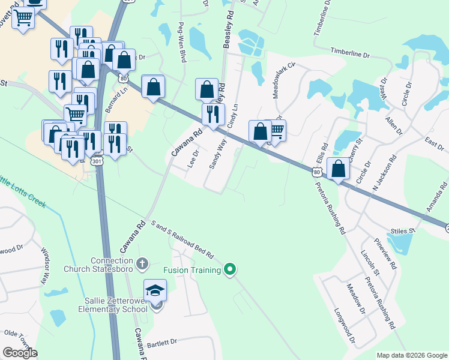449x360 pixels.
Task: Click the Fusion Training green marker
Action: point(230,269)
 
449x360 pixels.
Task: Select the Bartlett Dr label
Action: point(162,341)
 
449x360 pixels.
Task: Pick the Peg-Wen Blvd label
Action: point(181,43)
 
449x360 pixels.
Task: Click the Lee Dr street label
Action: point(193,160)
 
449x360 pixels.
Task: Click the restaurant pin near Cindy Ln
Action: point(213,114)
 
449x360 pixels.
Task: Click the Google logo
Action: point(20,353)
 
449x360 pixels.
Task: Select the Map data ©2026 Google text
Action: point(412,355)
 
